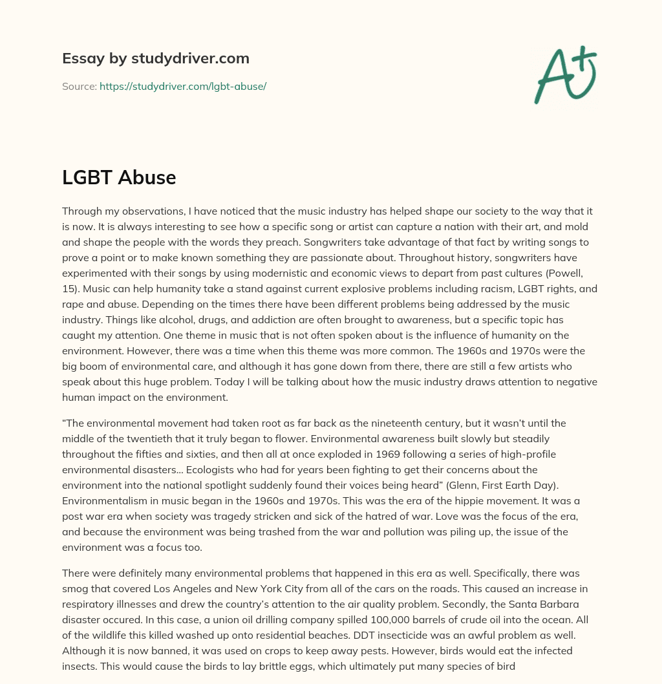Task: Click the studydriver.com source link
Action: click(x=183, y=86)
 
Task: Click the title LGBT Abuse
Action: click(x=119, y=178)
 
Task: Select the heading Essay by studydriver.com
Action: click(x=156, y=58)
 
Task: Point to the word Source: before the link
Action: click(x=80, y=86)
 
